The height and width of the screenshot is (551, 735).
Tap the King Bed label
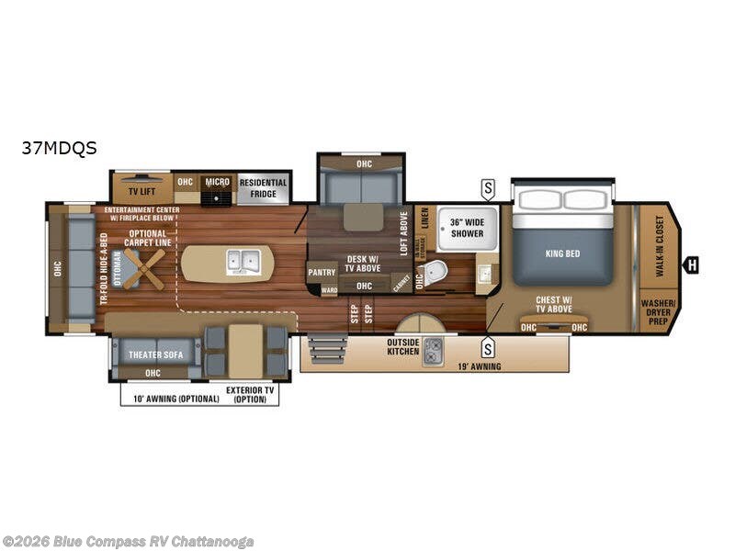(562, 253)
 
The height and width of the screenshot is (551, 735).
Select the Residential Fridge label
(264, 187)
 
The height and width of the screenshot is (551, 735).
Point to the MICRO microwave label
(218, 182)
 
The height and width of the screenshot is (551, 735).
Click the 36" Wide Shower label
(468, 227)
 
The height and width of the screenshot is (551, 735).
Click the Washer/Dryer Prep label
(659, 310)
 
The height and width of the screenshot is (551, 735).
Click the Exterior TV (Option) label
(251, 394)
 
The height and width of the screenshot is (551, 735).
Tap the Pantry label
(322, 272)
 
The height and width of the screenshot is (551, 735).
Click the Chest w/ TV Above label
(554, 304)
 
